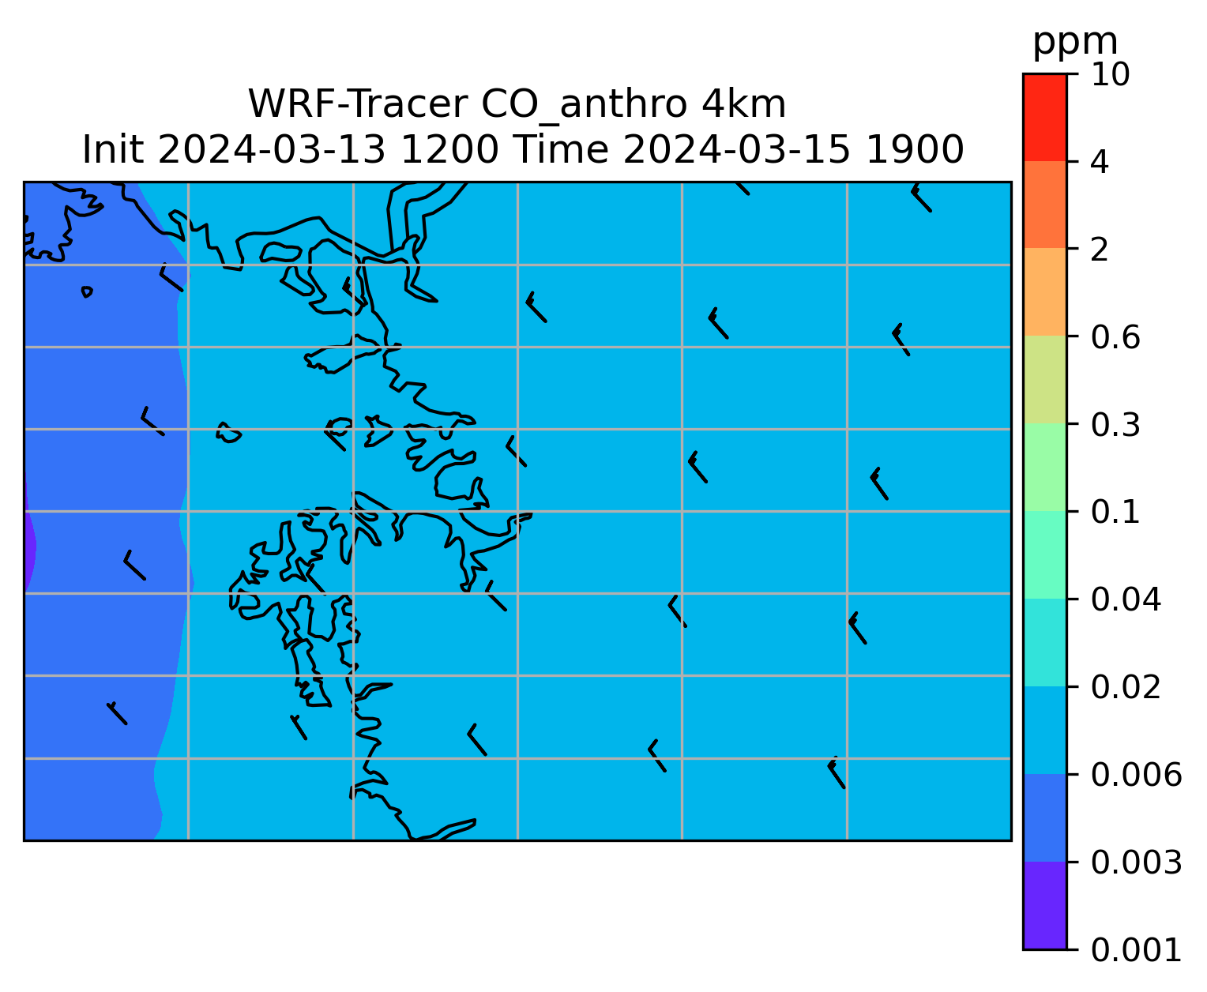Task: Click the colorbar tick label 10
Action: coord(1110,74)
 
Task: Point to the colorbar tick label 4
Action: coord(1100,162)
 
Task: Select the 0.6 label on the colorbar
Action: coord(1115,337)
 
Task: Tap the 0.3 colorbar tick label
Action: coord(1115,424)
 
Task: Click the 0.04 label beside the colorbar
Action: coord(1126,599)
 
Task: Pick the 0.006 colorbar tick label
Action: coord(1136,775)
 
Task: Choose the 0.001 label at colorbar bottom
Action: coord(1136,950)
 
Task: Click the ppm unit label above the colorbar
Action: coord(1074,43)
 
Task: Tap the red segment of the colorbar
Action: coord(1044,117)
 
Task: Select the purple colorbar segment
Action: coord(1044,905)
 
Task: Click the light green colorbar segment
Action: coord(1044,467)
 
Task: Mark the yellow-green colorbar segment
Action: coord(1044,379)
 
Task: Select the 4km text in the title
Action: coord(744,104)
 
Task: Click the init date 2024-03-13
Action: coord(270,150)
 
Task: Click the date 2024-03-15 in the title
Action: coord(735,150)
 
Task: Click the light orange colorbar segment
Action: coord(1044,291)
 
